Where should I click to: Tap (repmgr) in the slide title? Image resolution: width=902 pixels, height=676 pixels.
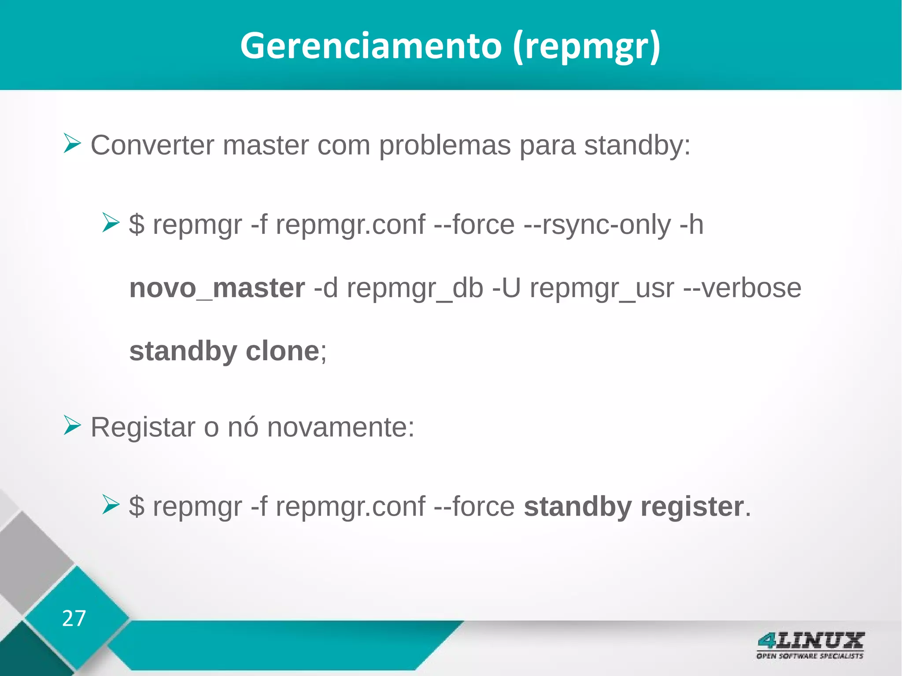(587, 47)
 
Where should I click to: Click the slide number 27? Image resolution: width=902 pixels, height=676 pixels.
(74, 618)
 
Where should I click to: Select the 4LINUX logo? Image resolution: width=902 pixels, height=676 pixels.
(810, 645)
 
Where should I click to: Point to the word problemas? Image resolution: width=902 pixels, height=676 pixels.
(444, 145)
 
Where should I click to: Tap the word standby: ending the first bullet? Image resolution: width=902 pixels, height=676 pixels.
(637, 145)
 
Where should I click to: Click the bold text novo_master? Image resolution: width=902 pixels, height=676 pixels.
(217, 288)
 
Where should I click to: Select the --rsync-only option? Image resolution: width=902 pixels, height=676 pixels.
(597, 225)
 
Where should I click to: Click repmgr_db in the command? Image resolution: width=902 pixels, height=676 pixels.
(415, 289)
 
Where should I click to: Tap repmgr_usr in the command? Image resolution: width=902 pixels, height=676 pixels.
(602, 289)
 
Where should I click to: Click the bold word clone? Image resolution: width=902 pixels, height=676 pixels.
(282, 351)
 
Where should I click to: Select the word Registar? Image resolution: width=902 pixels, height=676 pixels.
(143, 427)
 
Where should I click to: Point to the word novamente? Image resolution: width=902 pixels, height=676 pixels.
(340, 427)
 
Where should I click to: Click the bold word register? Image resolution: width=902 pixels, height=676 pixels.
(692, 506)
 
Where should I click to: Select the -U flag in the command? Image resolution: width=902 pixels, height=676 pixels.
(506, 288)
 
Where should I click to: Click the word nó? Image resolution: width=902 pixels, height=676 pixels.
(243, 427)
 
